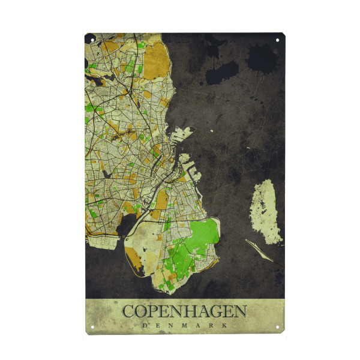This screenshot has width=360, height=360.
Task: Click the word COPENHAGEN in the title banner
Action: coord(184,311)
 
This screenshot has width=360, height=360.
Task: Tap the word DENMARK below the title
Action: coord(184,325)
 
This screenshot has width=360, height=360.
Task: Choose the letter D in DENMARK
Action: coord(144,325)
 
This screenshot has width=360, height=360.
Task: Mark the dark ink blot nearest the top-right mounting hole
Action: coord(262,58)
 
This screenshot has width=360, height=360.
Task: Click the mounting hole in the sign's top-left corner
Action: coord(92,40)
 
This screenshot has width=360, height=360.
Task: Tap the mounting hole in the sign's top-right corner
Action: coord(277,40)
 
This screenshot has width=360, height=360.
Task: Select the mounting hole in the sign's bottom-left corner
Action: coord(92,328)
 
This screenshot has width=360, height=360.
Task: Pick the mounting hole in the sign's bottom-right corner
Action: coord(277,328)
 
